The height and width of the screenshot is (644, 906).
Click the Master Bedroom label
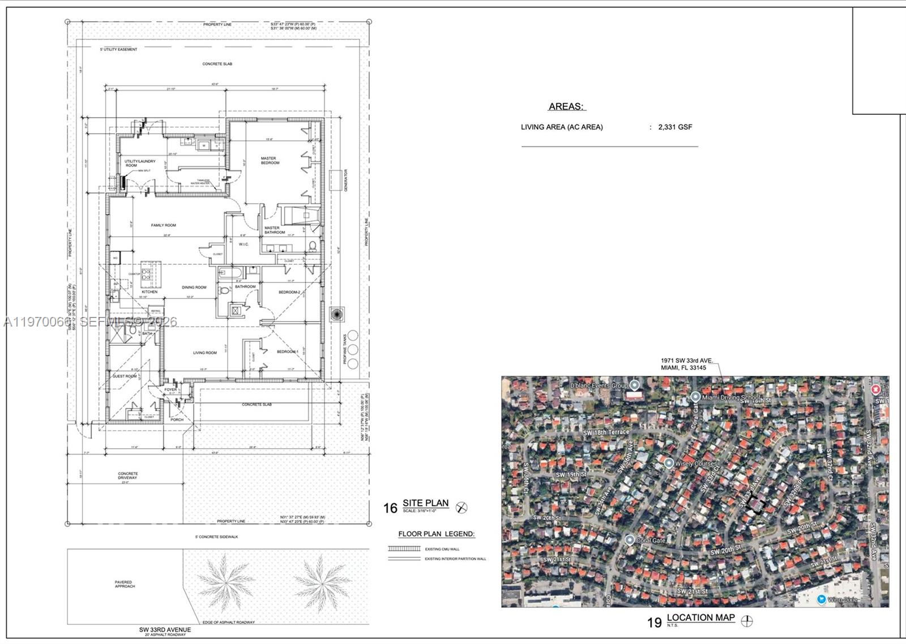click(x=270, y=161)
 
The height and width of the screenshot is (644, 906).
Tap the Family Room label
click(x=163, y=225)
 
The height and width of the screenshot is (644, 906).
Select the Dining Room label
click(x=194, y=287)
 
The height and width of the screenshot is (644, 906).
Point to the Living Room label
click(x=204, y=353)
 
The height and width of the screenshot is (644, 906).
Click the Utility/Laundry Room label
click(x=140, y=164)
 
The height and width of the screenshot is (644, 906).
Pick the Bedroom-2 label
click(x=289, y=292)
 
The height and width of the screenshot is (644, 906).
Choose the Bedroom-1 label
click(x=287, y=351)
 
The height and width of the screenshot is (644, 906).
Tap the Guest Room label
click(x=125, y=376)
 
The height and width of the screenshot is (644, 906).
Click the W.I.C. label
click(x=244, y=244)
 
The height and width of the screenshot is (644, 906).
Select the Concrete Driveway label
click(x=128, y=476)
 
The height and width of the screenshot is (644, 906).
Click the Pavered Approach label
click(x=124, y=584)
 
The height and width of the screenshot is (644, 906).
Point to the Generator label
click(x=345, y=180)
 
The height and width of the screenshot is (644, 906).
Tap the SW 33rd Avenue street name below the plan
click(x=165, y=629)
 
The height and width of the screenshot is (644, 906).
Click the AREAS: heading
click(x=567, y=106)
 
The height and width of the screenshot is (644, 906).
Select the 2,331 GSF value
click(x=675, y=127)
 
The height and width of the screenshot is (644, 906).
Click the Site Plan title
click(x=425, y=503)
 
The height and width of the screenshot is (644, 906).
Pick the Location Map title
click(x=700, y=617)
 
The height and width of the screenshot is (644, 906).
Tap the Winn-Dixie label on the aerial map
click(x=843, y=599)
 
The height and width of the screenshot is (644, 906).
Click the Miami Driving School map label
click(x=731, y=397)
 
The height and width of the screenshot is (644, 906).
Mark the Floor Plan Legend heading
click(x=436, y=534)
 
